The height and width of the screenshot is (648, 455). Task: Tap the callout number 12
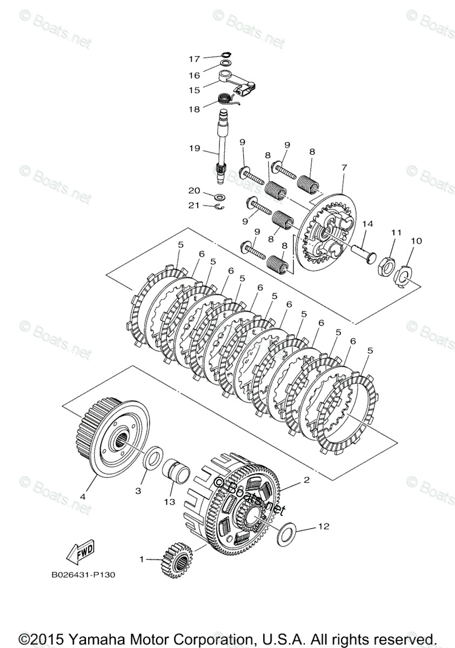tap(324, 525)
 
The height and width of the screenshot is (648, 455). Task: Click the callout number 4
tap(83, 495)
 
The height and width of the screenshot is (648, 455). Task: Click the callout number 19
tap(194, 148)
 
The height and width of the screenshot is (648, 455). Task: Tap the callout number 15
tap(194, 90)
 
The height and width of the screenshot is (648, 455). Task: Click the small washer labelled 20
tap(220, 196)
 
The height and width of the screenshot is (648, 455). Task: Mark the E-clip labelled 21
tap(219, 206)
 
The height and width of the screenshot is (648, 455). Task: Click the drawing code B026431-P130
tap(83, 575)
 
